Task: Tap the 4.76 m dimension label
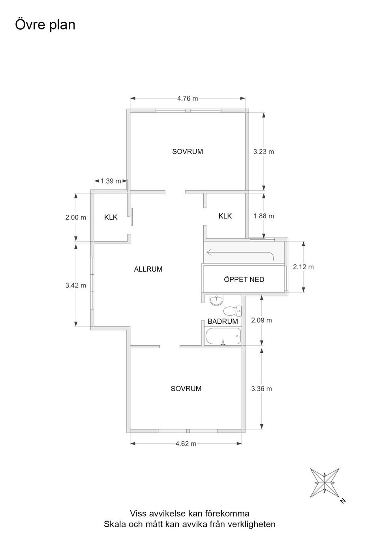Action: pyautogui.click(x=188, y=99)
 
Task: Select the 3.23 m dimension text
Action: pyautogui.click(x=264, y=152)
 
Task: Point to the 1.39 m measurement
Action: pyautogui.click(x=111, y=181)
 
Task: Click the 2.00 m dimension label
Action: pyautogui.click(x=76, y=217)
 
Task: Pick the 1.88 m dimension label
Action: pyautogui.click(x=264, y=216)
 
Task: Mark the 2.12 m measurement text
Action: pyautogui.click(x=303, y=267)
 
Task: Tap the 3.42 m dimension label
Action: pyautogui.click(x=76, y=285)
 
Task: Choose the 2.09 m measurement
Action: pyautogui.click(x=261, y=320)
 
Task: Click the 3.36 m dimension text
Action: pyautogui.click(x=261, y=389)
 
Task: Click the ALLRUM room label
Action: pyautogui.click(x=148, y=269)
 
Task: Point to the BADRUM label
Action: pyautogui.click(x=223, y=321)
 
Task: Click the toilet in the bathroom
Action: pyautogui.click(x=232, y=311)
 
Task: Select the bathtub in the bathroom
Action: pyautogui.click(x=223, y=336)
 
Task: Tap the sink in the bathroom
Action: pyautogui.click(x=216, y=300)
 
